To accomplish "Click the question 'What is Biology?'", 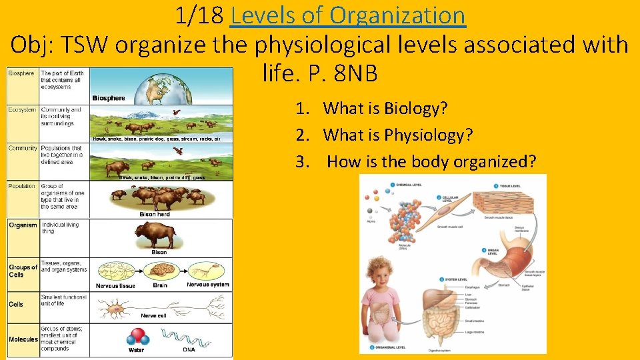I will [385, 108].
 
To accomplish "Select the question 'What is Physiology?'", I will [398, 135].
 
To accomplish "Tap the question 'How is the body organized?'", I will [431, 162].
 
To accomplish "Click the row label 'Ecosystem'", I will [23, 110].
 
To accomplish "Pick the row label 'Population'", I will [23, 187].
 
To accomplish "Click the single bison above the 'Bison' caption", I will [155, 234].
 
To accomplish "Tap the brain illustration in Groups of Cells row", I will [160, 269].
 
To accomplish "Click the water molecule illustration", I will [137, 335].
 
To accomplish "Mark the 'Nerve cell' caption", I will [153, 315].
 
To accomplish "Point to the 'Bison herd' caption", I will [155, 215].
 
